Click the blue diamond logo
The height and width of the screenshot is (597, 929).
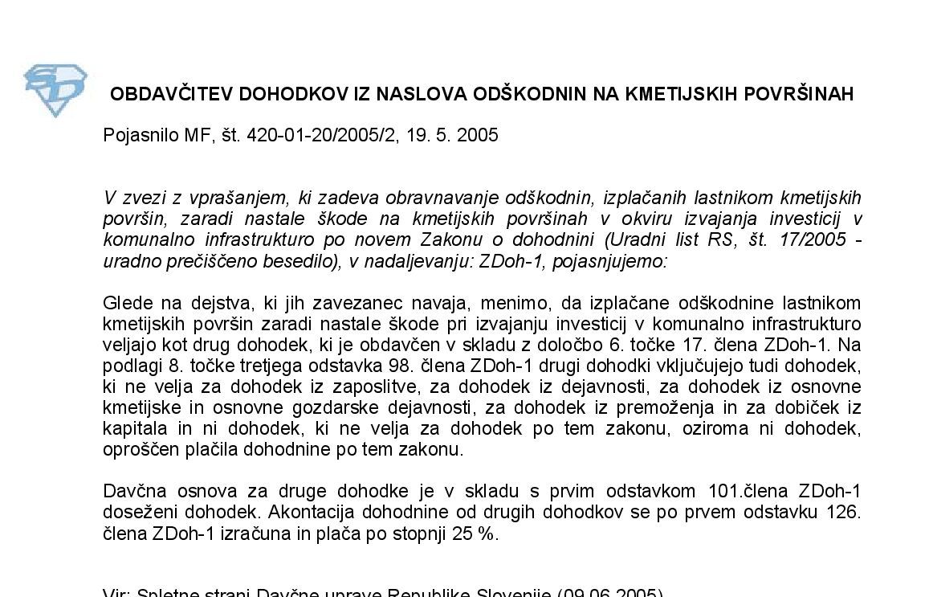(x=55, y=89)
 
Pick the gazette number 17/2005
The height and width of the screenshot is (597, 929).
(x=808, y=240)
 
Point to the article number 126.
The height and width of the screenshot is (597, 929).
(x=845, y=512)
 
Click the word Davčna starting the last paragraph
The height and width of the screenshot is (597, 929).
(x=132, y=491)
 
